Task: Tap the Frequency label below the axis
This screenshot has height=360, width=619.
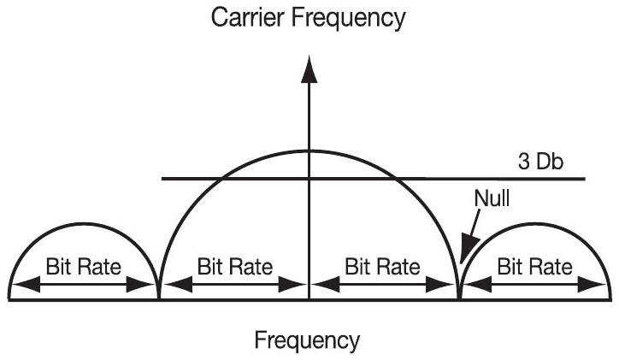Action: (x=308, y=340)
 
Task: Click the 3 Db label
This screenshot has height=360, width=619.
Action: (x=540, y=161)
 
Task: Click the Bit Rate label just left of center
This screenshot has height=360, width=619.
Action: (x=234, y=265)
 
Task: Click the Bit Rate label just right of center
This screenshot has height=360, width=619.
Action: (x=383, y=265)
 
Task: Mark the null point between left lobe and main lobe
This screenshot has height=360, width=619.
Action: (x=159, y=298)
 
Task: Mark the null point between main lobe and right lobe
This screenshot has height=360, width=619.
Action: (x=459, y=298)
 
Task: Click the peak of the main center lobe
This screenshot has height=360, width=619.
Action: (x=309, y=150)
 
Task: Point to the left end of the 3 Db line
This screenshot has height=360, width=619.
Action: (x=162, y=179)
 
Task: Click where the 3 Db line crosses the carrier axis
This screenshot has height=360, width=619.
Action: (x=309, y=179)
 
